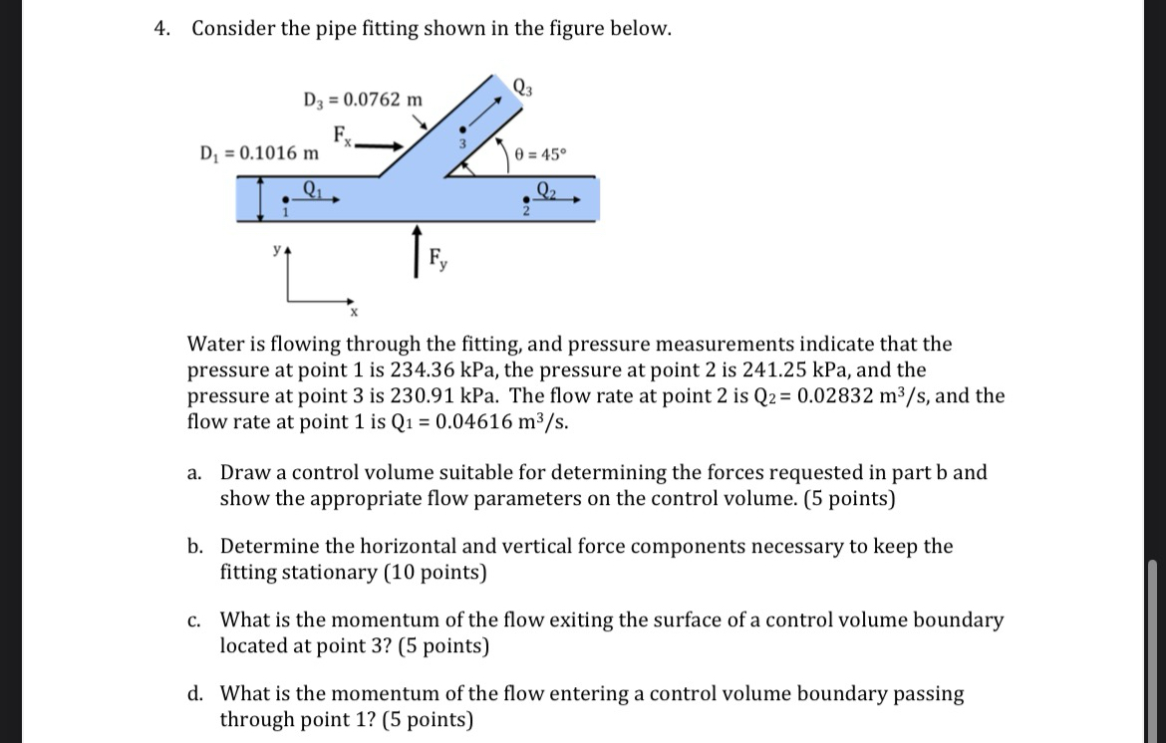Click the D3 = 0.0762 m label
363,100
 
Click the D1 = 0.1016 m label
260,153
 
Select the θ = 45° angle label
541,154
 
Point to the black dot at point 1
286,199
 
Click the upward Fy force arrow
417,246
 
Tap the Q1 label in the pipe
312,185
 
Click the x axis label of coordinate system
352,312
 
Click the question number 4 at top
160,29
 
